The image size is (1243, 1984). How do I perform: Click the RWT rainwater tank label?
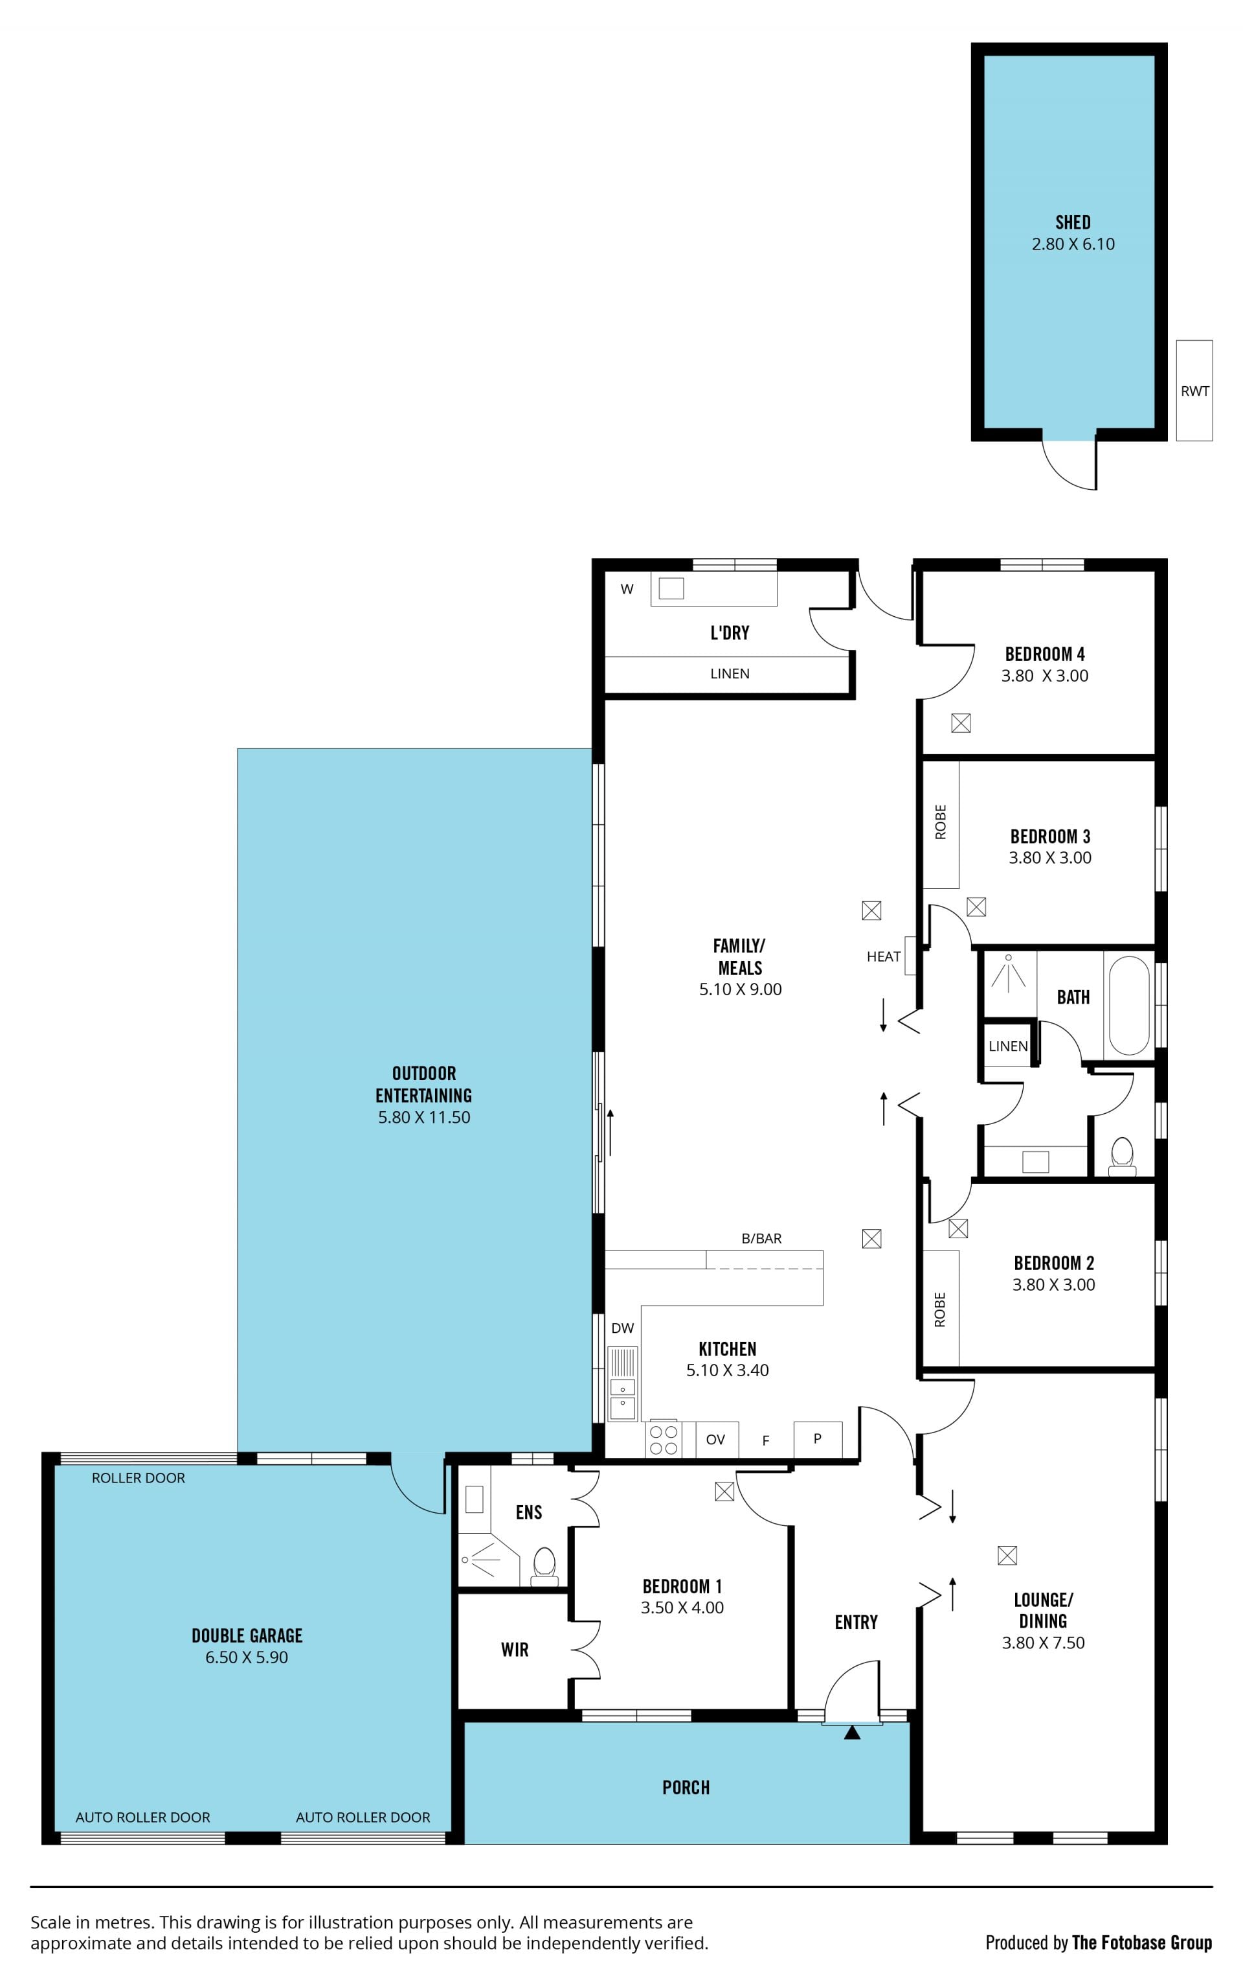tap(1194, 391)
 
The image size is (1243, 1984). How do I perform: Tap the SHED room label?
tap(1073, 222)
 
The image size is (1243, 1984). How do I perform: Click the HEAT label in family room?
tap(883, 956)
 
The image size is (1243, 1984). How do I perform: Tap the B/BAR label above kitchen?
tap(761, 1238)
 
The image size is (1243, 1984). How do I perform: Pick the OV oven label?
tap(715, 1440)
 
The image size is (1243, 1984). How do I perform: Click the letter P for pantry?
tap(817, 1438)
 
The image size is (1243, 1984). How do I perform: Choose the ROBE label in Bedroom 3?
tap(941, 822)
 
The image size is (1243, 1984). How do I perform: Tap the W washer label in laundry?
tap(627, 589)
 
